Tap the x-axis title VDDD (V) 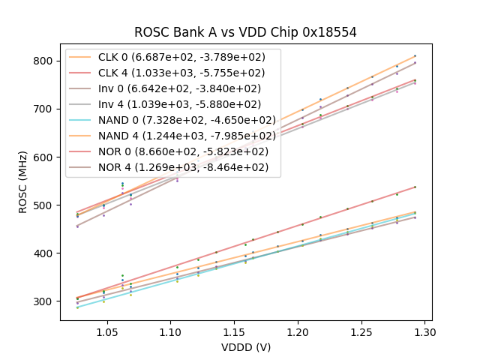coord(246,347)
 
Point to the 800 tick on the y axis coord(47,61)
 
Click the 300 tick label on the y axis coord(47,301)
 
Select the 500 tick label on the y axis coord(47,205)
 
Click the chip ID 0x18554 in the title coord(325,32)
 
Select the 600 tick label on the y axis coord(47,157)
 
